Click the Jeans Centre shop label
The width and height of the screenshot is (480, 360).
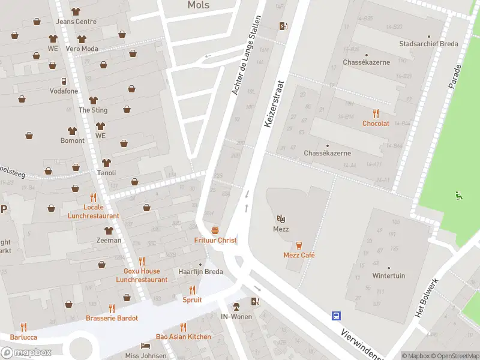click(76, 22)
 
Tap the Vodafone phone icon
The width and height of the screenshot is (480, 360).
click(63, 82)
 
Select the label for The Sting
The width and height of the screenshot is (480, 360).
click(93, 110)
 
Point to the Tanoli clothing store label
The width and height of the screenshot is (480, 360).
click(106, 173)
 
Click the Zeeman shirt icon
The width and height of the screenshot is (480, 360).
click(109, 230)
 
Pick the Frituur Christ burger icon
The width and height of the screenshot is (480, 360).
click(215, 230)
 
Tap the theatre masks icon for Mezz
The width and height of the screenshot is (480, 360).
click(281, 219)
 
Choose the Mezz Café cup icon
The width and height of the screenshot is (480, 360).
click(299, 245)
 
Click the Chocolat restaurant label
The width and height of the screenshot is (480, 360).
click(376, 123)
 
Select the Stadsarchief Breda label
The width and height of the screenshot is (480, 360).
click(428, 44)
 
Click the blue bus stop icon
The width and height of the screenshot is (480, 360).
click(337, 315)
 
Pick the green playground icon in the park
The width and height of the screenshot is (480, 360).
click(459, 194)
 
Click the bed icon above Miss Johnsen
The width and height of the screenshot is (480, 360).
click(145, 346)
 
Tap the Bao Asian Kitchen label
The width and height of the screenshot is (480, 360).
click(183, 337)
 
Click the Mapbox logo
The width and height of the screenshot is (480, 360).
click(26, 352)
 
